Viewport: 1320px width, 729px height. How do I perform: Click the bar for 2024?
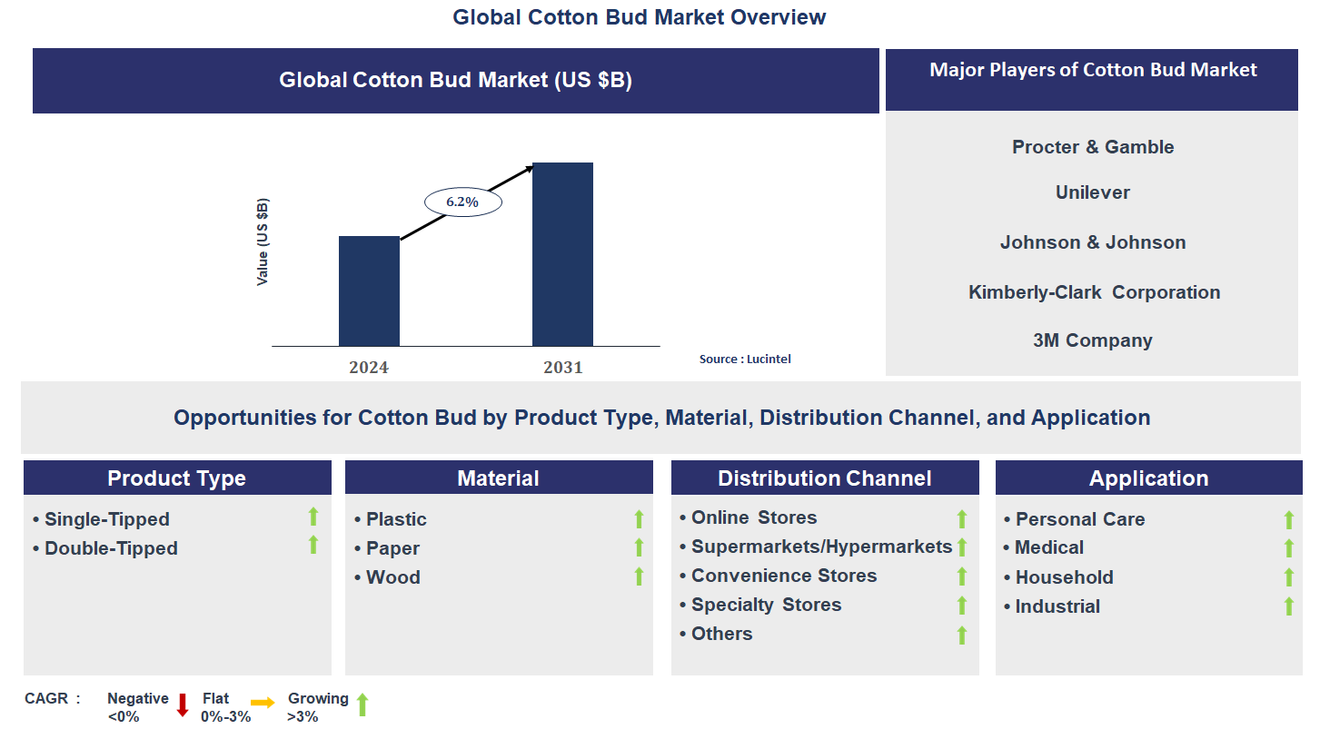[369, 291]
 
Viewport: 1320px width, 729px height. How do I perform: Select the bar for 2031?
[562, 254]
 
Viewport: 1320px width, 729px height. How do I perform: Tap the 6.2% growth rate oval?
[462, 202]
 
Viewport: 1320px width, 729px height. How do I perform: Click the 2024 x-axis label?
[369, 368]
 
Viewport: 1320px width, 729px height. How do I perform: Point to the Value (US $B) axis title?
[263, 241]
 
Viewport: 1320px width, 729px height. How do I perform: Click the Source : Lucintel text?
[745, 360]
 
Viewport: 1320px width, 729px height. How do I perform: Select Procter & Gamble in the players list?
[1093, 147]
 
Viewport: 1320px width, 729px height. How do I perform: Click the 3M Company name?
[1092, 340]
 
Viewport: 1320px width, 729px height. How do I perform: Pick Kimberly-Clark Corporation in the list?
[1094, 292]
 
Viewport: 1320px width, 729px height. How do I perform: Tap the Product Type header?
[177, 478]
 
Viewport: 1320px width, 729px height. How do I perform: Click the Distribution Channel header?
[824, 478]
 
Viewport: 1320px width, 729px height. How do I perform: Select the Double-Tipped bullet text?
[111, 548]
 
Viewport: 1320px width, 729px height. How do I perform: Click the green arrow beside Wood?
[639, 576]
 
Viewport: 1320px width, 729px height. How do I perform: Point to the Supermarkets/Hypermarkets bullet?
[821, 547]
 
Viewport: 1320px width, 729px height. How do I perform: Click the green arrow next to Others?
[962, 635]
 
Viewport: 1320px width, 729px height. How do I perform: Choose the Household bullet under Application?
[1064, 577]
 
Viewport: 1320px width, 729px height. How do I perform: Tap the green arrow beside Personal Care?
[1288, 519]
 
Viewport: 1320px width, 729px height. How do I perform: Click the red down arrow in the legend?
[182, 704]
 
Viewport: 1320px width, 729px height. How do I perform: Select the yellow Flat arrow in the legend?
[263, 703]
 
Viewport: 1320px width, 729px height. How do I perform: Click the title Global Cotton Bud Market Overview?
[640, 16]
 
